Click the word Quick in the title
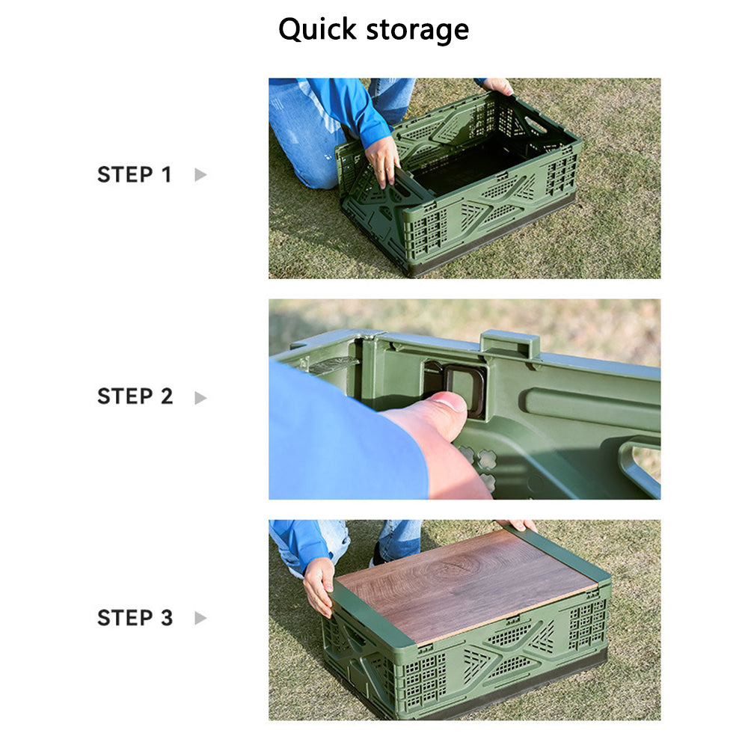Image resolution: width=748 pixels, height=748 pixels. coord(317,30)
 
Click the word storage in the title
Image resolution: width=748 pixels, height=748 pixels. coord(417,31)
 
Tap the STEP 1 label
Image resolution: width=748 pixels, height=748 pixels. coord(134,174)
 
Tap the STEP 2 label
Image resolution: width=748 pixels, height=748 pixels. coord(135,396)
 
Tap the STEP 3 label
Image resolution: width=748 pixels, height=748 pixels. coord(135,618)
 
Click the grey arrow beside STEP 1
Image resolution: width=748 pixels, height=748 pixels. coord(200,174)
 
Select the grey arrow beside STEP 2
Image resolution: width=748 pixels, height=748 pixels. coord(200,397)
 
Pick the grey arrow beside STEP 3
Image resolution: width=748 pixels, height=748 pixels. coord(200,619)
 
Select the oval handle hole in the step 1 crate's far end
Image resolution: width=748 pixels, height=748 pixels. coord(536,124)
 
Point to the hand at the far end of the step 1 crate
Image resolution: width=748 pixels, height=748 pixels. coord(498,86)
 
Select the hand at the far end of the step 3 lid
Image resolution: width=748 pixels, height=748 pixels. coord(521,525)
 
